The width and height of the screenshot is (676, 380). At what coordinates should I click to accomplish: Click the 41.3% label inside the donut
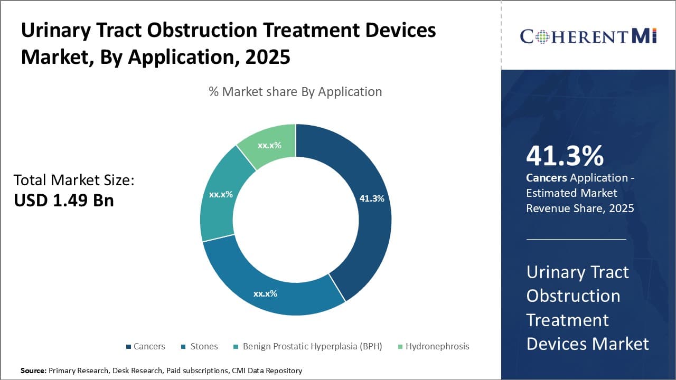(372, 198)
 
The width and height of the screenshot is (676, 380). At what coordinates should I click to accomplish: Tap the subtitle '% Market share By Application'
(295, 91)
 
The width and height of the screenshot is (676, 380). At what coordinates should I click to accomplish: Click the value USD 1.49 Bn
(63, 200)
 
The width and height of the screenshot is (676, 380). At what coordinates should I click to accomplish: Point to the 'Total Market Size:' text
(74, 180)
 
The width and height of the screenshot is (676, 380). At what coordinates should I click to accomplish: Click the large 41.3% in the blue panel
(565, 156)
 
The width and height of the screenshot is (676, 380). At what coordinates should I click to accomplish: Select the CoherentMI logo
(588, 36)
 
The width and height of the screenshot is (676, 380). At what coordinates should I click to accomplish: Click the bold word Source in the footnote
(33, 370)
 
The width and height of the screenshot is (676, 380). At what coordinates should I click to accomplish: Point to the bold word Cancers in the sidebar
(546, 178)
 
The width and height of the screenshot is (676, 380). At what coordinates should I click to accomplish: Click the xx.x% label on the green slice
(269, 145)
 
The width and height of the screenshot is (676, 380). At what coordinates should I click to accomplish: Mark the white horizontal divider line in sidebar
(576, 239)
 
